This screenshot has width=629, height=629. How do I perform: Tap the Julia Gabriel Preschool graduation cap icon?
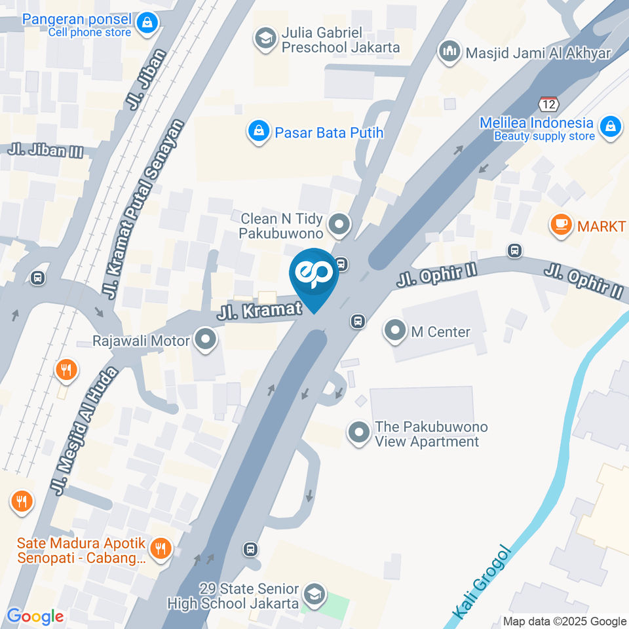tap(265, 39)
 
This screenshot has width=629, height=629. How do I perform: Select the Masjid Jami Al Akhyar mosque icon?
tap(449, 52)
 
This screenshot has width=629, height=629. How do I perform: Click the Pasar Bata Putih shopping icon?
tap(259, 132)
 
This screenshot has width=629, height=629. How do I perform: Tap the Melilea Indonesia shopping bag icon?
tap(611, 128)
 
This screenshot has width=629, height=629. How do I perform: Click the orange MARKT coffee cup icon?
tap(561, 226)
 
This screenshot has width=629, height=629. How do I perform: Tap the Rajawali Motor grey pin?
tap(206, 340)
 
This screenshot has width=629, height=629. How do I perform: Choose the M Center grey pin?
tap(395, 332)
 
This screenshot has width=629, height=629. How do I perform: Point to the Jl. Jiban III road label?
tap(46, 150)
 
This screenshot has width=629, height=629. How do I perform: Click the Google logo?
tap(35, 617)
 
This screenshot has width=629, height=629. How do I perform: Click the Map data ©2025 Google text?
tap(565, 621)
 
